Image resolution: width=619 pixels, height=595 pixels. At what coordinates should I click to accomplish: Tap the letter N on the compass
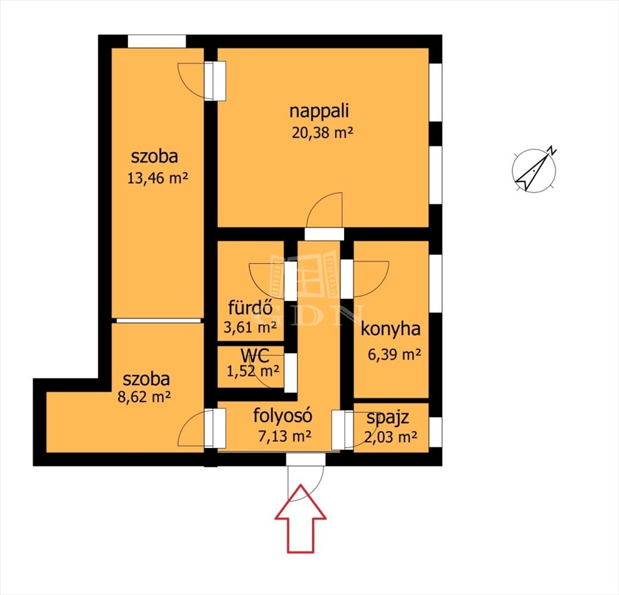point(552,150)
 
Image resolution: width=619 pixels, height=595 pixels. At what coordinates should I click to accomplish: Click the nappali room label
point(320,111)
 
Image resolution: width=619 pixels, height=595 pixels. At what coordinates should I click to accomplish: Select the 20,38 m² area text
point(322,133)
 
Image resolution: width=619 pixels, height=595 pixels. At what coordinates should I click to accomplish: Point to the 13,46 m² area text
point(158,178)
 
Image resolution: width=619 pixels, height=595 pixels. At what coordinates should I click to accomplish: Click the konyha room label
point(390,329)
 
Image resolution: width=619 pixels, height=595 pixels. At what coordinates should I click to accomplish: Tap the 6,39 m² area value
point(395,354)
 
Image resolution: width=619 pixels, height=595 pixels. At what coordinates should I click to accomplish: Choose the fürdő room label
point(251,307)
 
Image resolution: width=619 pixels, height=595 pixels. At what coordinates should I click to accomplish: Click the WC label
point(255,356)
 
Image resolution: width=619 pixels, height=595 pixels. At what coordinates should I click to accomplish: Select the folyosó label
point(283,415)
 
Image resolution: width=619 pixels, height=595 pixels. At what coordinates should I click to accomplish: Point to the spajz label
point(387,418)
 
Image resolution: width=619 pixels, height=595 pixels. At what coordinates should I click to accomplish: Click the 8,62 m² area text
point(144,396)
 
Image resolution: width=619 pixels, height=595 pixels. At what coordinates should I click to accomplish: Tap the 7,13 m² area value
point(285,436)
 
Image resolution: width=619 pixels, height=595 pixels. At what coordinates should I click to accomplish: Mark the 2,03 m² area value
point(390,437)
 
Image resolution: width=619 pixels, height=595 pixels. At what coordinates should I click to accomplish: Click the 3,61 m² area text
point(250,327)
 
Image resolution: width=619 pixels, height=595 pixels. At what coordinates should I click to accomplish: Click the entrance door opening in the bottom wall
point(305,459)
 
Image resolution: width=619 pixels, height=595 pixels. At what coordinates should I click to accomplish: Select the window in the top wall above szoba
point(157,42)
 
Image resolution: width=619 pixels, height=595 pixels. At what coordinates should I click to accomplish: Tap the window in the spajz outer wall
point(436,432)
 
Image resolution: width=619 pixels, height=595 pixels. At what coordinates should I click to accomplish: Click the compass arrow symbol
point(534,171)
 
